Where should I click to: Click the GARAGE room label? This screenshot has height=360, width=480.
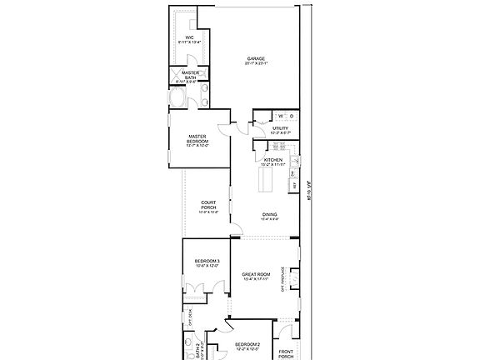pos(256,59)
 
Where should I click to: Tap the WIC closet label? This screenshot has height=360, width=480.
pos(190,37)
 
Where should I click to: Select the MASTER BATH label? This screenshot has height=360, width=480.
pos(190,75)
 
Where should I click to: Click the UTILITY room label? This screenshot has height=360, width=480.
pos(280,128)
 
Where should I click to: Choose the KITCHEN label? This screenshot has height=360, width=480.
pos(273,161)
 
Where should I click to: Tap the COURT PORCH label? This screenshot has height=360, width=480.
pos(209,206)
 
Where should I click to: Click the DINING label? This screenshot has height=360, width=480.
pos(270,215)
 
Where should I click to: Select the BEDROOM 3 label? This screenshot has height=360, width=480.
pos(207,262)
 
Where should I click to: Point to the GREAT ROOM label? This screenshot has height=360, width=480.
pos(257,274)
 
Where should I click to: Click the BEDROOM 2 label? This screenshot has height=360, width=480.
pos(247,345)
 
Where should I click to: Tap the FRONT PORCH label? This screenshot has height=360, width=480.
pos(286,353)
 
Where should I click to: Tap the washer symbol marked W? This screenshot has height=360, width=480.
pos(280,115)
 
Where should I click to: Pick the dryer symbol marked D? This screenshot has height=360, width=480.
pos(292,115)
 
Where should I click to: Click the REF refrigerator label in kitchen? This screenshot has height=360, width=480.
pos(293,185)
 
